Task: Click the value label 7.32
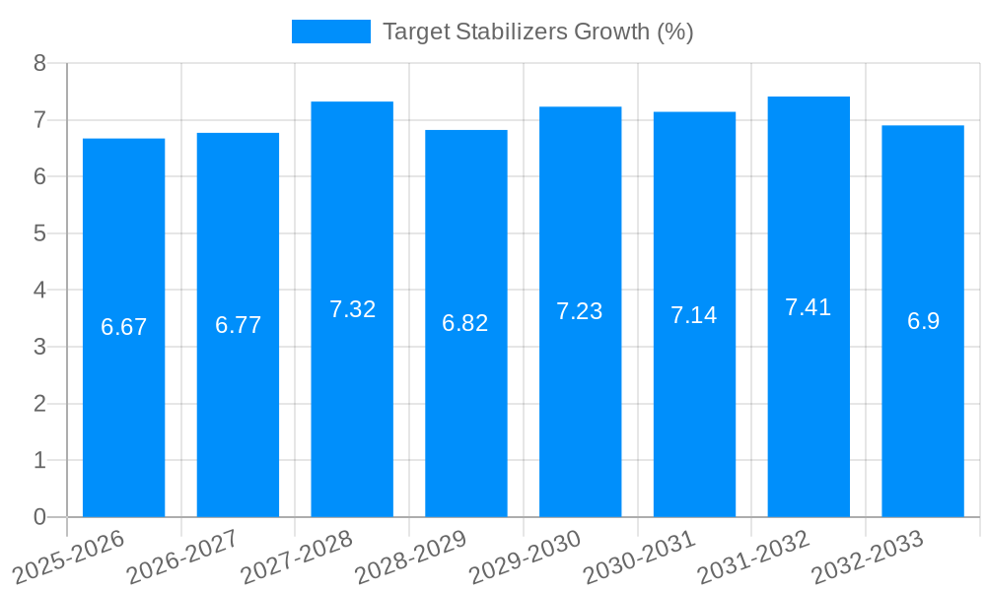[x=352, y=309]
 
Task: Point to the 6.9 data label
[x=923, y=321]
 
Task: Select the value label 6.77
[x=238, y=325]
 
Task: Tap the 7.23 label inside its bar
[x=580, y=311]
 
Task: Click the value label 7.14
[x=694, y=315]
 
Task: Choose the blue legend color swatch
[x=330, y=32]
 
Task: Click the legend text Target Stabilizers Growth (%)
[x=538, y=32]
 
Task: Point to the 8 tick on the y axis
[x=39, y=63]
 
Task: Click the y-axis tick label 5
[x=39, y=233]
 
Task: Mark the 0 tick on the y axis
[x=39, y=517]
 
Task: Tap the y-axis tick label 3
[x=39, y=347]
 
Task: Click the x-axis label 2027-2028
[x=297, y=558]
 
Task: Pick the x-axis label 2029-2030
[x=526, y=558]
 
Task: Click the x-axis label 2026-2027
[x=182, y=558]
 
